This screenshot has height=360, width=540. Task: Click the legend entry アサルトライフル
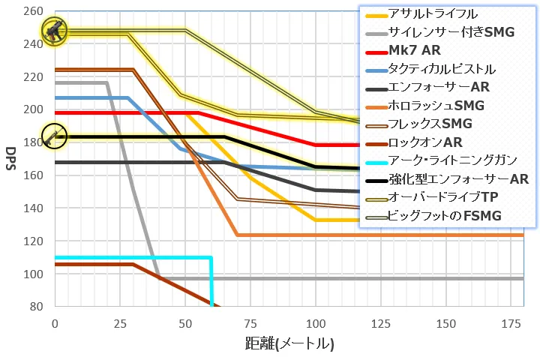coord(433,14)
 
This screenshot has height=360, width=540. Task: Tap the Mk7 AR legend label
coord(415,51)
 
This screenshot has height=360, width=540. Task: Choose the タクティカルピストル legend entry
coord(441,69)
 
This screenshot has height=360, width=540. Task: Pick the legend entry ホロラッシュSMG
coord(436,106)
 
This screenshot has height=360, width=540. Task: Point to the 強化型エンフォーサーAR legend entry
coord(458,179)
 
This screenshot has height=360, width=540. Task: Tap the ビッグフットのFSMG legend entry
coord(445,216)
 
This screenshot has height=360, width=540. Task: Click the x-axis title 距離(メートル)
coord(289,344)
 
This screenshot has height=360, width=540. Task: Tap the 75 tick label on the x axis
coord(250,322)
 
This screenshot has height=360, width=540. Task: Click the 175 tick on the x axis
coord(511,322)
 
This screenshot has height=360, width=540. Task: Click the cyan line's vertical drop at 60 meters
coord(211,281)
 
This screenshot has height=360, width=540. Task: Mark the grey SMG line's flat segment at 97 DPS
coord(337,278)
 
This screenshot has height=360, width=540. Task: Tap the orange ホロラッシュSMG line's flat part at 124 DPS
coord(375,235)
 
